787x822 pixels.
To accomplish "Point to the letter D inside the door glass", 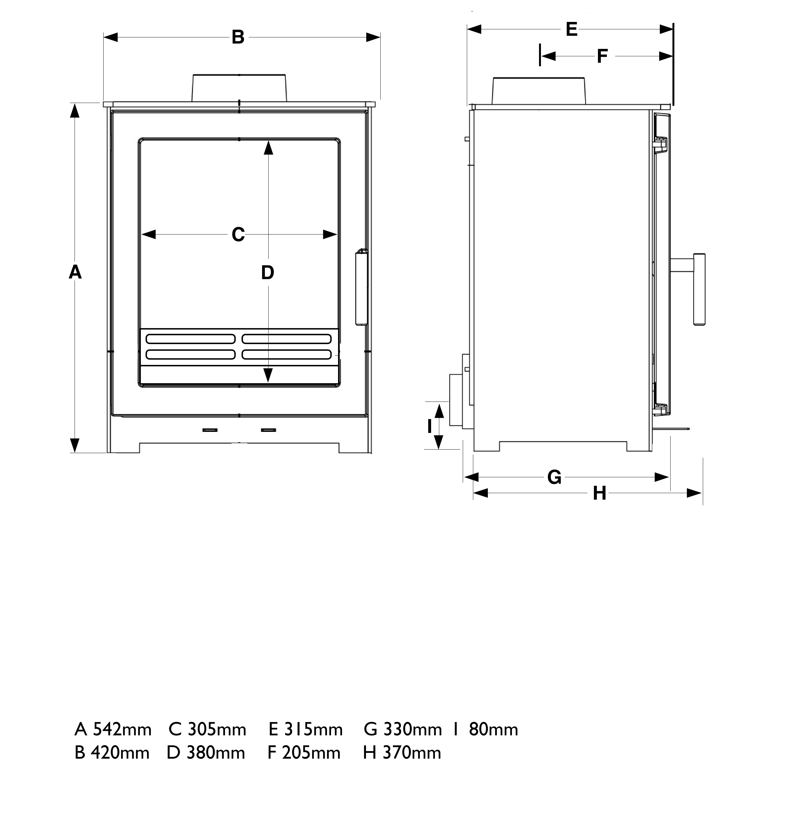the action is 267,273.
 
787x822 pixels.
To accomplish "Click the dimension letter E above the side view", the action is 571,29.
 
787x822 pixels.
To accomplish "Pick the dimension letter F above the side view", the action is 602,56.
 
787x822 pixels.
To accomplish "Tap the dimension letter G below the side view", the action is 554,477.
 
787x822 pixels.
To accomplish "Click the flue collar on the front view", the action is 239,88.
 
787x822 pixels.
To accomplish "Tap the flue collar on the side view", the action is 539,91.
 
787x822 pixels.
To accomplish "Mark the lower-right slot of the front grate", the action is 287,354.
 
